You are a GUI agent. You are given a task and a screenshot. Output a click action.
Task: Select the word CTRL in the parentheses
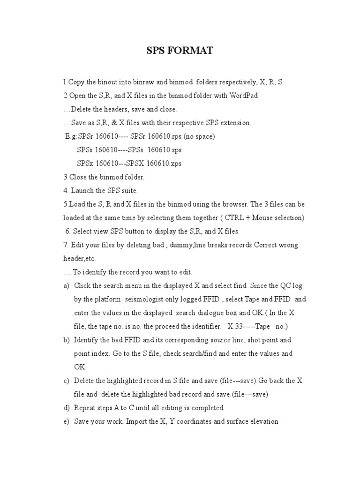pyautogui.click(x=235, y=218)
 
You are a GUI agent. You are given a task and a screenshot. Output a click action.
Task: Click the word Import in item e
pyautogui.click(x=141, y=421)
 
